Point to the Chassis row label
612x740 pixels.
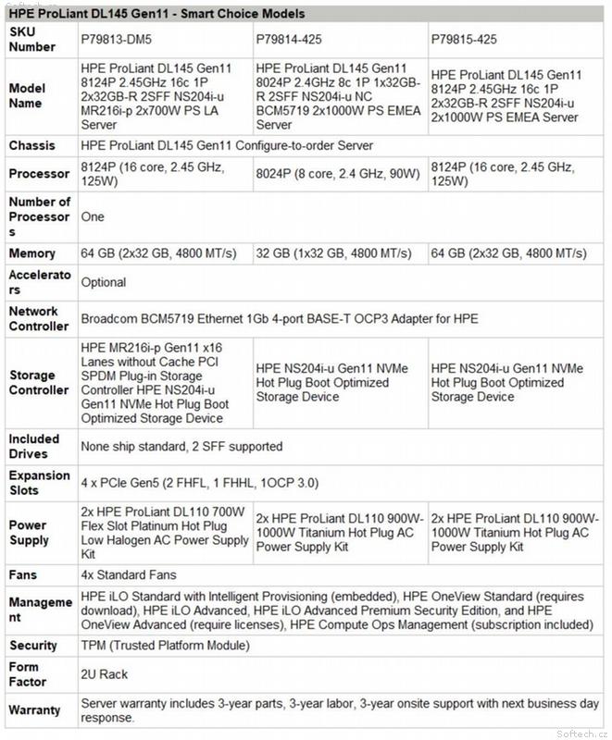click(32, 146)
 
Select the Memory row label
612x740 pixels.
click(31, 253)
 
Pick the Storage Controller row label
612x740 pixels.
click(38, 383)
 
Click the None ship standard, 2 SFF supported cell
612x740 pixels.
click(182, 447)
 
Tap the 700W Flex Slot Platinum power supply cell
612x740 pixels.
click(163, 534)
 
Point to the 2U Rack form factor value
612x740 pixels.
click(105, 674)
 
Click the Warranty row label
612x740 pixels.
click(36, 710)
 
